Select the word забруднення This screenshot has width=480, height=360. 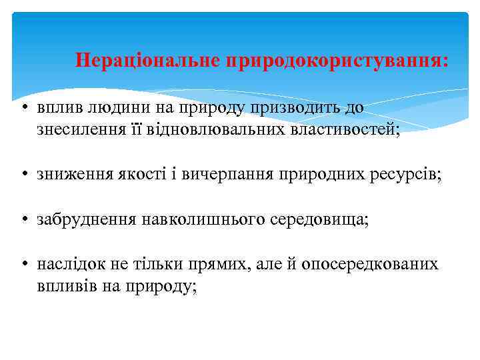(x=87, y=219)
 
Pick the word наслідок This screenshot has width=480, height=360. (x=70, y=264)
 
